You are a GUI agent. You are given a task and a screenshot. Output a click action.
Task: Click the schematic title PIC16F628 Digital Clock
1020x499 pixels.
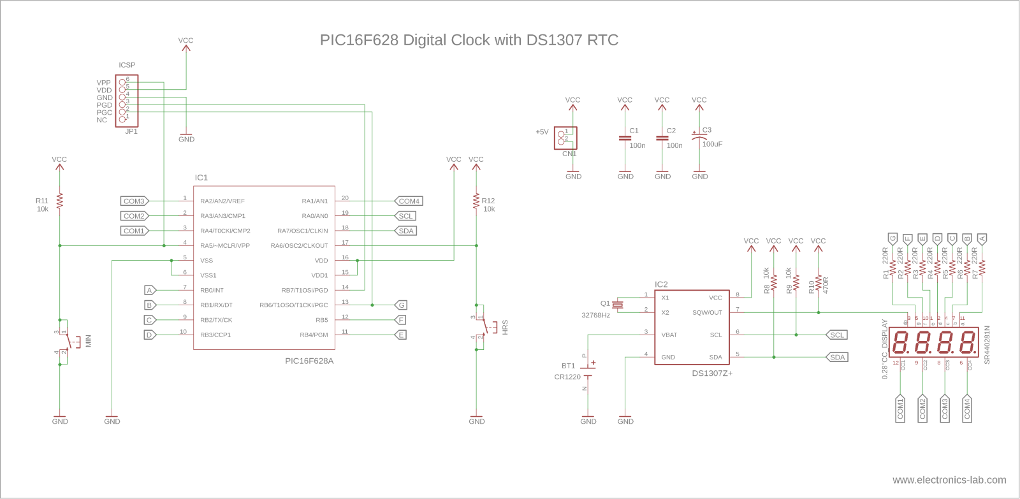pyautogui.click(x=469, y=40)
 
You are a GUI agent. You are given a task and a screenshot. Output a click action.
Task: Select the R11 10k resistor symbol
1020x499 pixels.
pyautogui.click(x=59, y=201)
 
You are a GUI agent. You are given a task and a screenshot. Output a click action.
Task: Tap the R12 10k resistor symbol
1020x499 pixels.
pyautogui.click(x=476, y=201)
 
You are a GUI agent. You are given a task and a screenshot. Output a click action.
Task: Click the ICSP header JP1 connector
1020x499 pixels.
pyautogui.click(x=126, y=101)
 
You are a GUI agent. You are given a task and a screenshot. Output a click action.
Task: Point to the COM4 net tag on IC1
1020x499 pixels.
pyautogui.click(x=409, y=201)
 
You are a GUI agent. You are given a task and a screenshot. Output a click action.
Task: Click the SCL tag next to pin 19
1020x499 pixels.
pyautogui.click(x=405, y=216)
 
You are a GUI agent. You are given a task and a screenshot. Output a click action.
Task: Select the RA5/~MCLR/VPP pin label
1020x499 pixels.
pyautogui.click(x=224, y=246)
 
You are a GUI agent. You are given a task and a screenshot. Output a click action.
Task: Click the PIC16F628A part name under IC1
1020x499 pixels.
pyautogui.click(x=309, y=361)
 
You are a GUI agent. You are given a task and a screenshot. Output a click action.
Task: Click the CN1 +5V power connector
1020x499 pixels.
pyautogui.click(x=565, y=138)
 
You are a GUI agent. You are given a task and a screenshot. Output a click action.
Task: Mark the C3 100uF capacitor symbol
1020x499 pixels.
pyautogui.click(x=699, y=136)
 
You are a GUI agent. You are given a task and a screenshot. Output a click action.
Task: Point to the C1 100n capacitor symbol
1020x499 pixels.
pyautogui.click(x=625, y=138)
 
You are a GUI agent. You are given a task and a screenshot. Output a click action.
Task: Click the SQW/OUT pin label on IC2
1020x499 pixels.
pyautogui.click(x=707, y=313)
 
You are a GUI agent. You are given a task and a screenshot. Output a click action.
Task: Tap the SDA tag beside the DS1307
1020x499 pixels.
pyautogui.click(x=837, y=358)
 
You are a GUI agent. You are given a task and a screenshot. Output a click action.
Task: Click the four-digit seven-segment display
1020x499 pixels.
pyautogui.click(x=933, y=342)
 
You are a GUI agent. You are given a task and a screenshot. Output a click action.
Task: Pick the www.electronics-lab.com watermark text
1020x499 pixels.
pyautogui.click(x=949, y=480)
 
